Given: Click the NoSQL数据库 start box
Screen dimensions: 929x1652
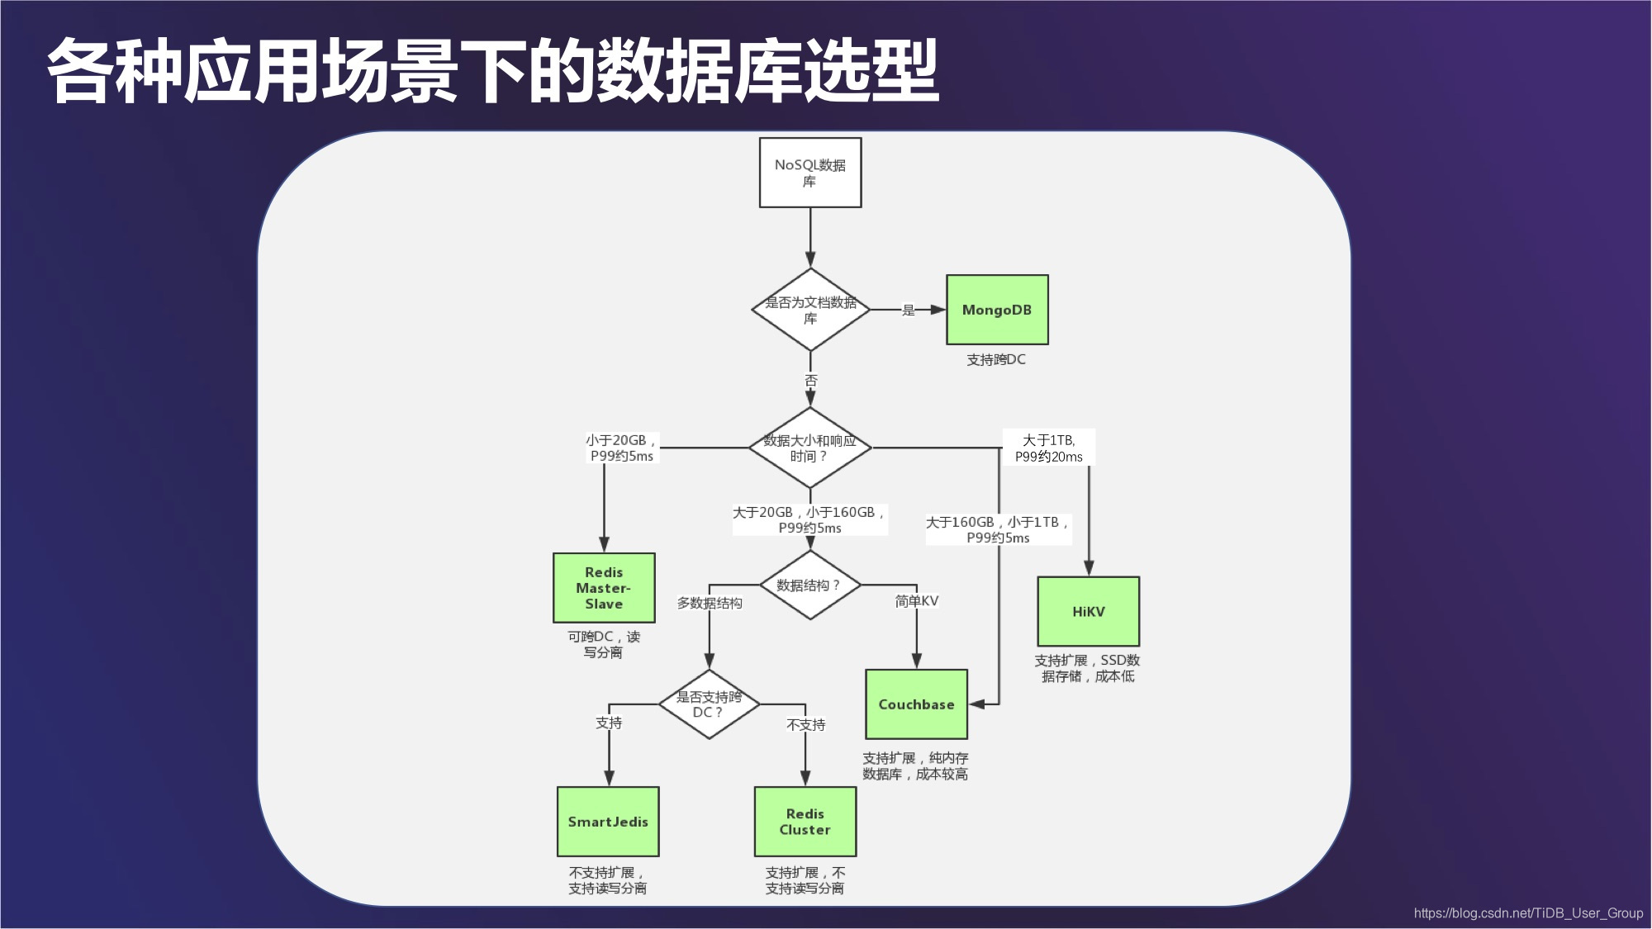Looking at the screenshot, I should (810, 173).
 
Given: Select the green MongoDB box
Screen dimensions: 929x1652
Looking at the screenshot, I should (997, 310).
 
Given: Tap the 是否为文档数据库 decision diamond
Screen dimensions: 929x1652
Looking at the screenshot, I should (810, 310).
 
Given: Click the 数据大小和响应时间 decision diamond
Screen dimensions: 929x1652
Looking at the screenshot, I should (810, 448).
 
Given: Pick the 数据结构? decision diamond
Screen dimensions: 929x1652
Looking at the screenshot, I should (810, 585).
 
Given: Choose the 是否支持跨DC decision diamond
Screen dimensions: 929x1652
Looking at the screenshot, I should (709, 704).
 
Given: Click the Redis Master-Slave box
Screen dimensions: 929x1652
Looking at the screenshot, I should (604, 588).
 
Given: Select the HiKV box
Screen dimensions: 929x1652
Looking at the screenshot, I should (1088, 612).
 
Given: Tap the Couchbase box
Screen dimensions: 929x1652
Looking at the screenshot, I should (916, 704).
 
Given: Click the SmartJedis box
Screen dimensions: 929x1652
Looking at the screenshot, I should (608, 822).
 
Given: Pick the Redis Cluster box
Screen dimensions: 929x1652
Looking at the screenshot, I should (805, 822).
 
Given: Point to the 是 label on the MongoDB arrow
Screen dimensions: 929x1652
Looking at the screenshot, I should (909, 310).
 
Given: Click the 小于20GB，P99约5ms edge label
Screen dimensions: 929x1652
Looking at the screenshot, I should (621, 448).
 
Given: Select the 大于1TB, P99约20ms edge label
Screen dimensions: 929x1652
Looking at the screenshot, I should (1048, 448).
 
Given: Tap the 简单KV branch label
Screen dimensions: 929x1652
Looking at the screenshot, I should (916, 601).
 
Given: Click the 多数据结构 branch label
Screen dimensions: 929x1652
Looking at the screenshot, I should (710, 603).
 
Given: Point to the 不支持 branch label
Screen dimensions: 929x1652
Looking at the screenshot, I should (805, 725).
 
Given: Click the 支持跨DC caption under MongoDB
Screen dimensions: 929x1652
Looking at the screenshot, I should (996, 360).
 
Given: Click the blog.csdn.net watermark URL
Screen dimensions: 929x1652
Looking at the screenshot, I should (1528, 913).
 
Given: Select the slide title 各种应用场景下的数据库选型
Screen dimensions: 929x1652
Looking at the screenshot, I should (493, 71).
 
